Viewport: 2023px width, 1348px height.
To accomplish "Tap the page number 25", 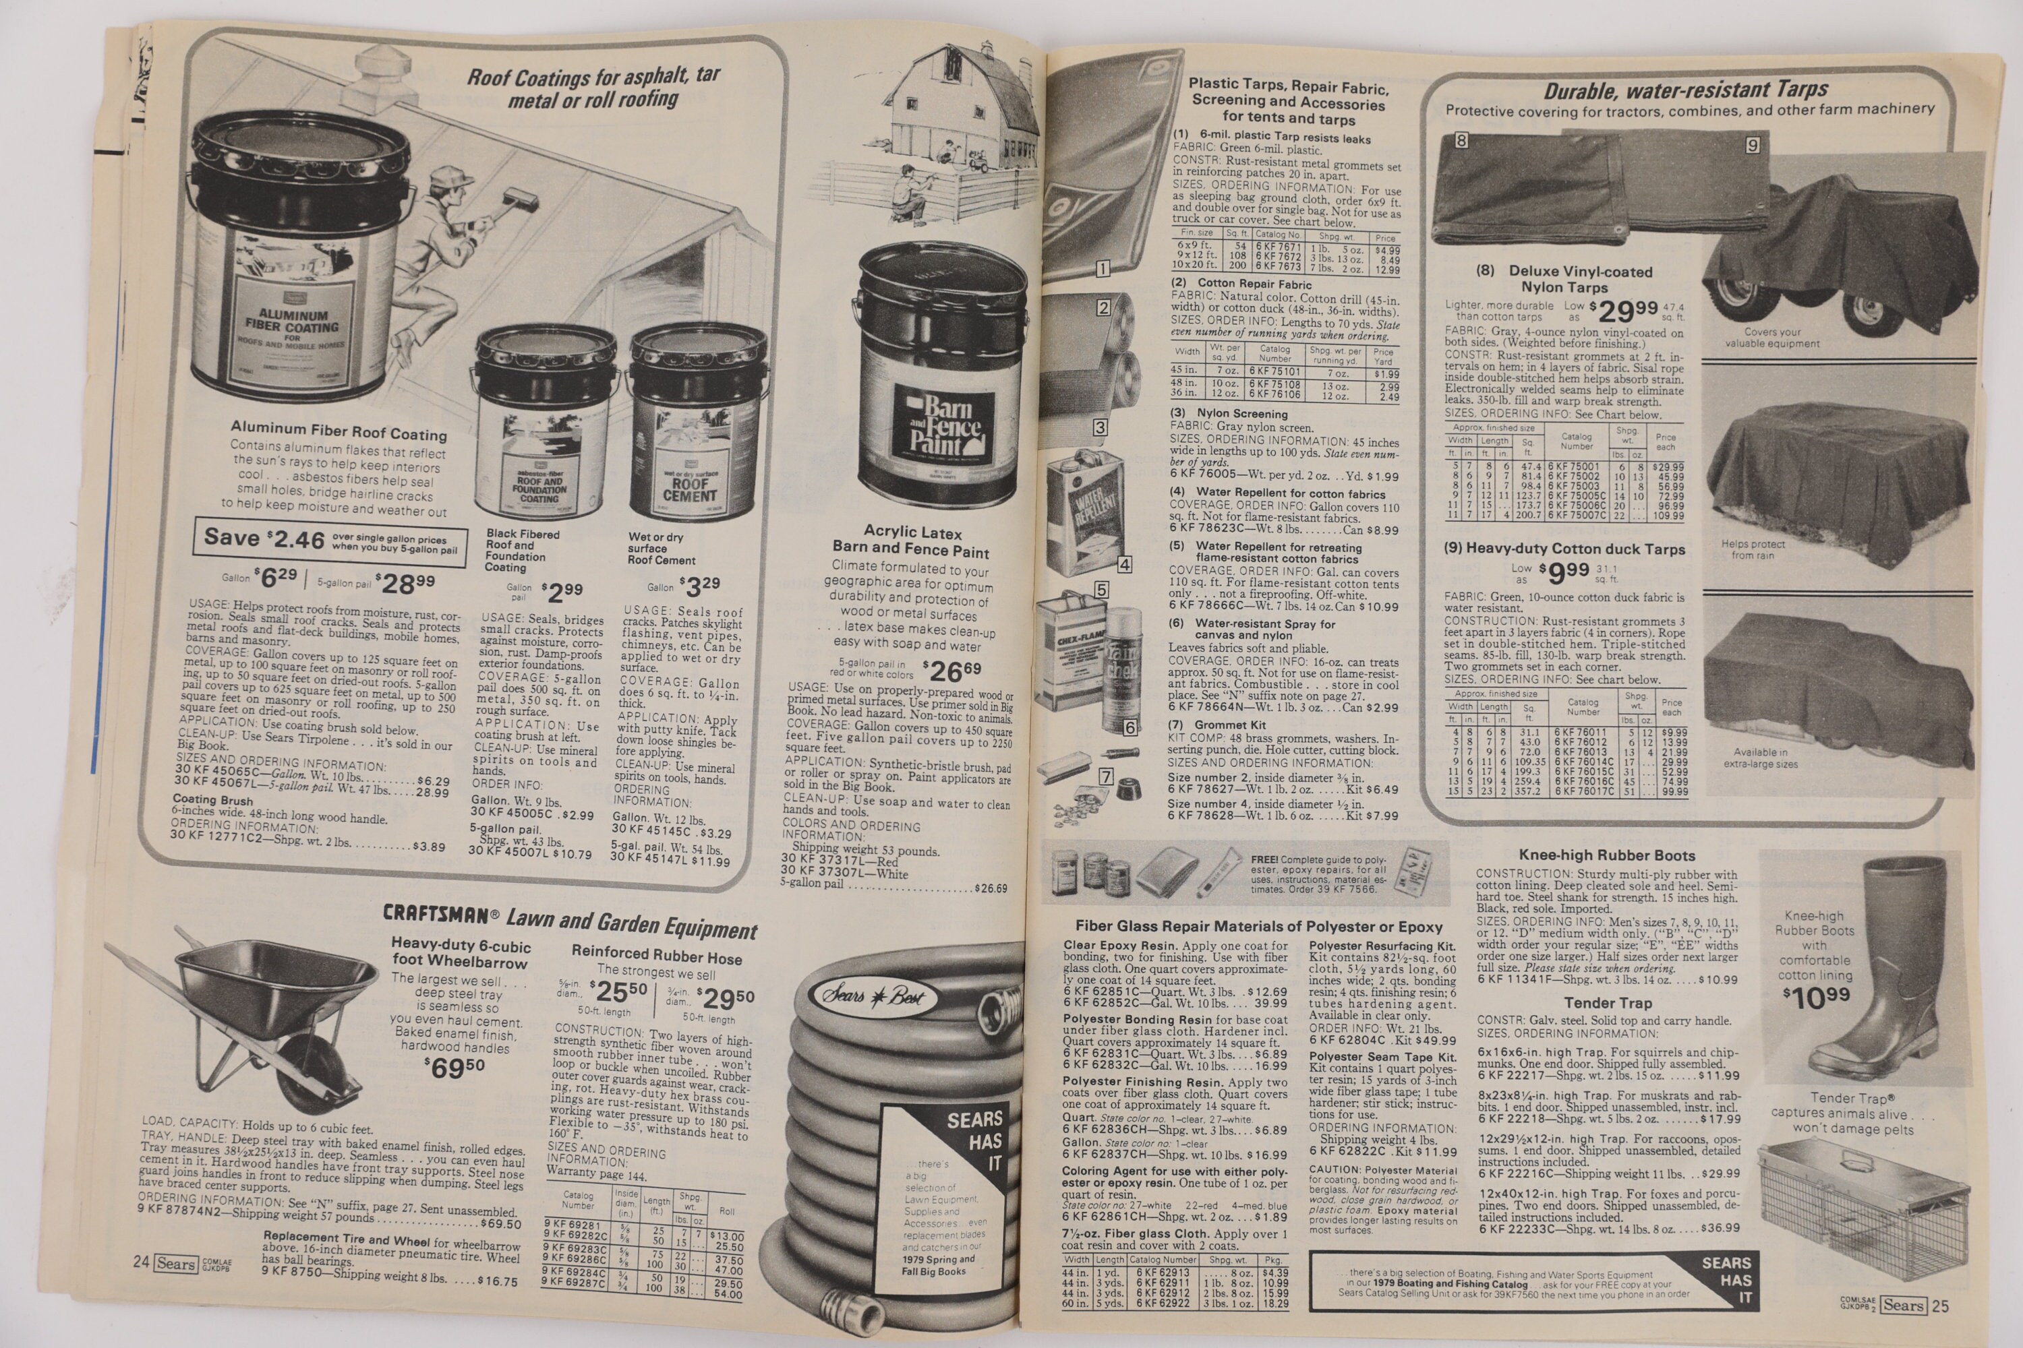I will [1941, 1306].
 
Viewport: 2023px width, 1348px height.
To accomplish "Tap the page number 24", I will [140, 1262].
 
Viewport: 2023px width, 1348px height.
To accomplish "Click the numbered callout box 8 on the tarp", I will [1461, 140].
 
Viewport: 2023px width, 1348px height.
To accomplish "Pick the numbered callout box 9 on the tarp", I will [1752, 146].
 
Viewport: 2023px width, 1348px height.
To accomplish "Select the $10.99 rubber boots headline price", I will [1814, 998].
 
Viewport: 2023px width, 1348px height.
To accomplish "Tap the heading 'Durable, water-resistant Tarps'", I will [1685, 90].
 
